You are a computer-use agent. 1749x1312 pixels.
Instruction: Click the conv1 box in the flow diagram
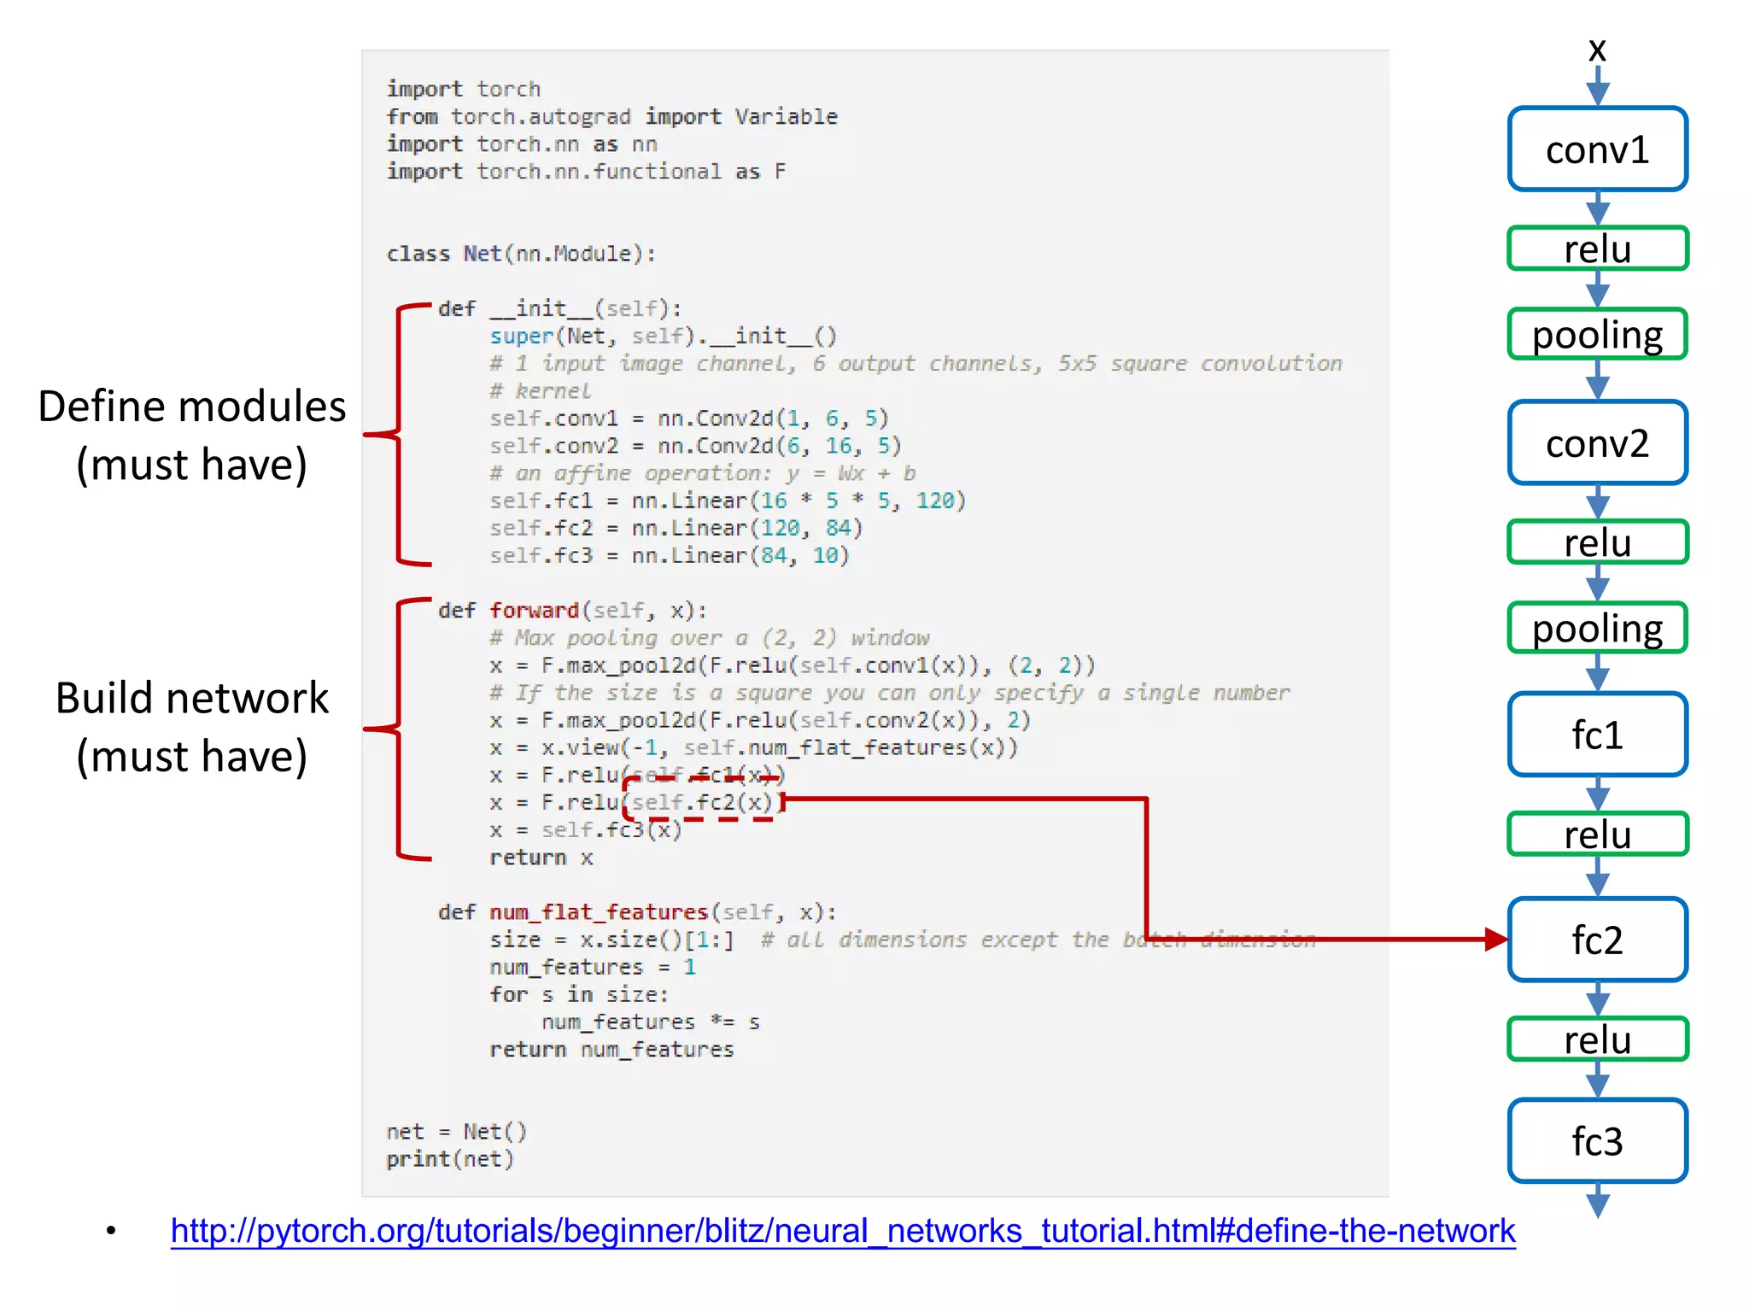(1597, 149)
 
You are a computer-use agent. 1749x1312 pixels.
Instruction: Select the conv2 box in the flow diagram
(1597, 443)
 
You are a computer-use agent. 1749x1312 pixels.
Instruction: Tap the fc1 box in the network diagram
(1597, 735)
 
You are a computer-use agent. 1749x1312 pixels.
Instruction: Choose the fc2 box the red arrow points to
(1597, 940)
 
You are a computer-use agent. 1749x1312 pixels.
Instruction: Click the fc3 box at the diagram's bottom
(1597, 1141)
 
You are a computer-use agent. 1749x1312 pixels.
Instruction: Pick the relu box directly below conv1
(1597, 249)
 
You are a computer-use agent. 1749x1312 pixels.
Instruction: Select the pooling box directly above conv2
(1597, 334)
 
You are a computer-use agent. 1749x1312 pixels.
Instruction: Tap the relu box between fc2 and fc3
(1597, 1040)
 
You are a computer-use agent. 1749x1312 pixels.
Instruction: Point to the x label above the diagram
(1597, 50)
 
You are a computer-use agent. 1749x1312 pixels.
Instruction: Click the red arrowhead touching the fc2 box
(1495, 940)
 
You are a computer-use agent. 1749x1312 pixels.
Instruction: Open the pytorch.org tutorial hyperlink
(842, 1231)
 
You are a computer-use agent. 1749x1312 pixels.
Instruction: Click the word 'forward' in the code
(534, 611)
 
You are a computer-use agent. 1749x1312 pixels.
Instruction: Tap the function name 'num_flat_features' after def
(599, 912)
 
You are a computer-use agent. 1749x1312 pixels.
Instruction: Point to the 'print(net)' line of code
(450, 1159)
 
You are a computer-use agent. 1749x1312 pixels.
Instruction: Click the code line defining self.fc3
(669, 556)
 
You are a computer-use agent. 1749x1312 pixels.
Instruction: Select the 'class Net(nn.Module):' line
(521, 254)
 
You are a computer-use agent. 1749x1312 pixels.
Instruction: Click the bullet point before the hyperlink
(111, 1231)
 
